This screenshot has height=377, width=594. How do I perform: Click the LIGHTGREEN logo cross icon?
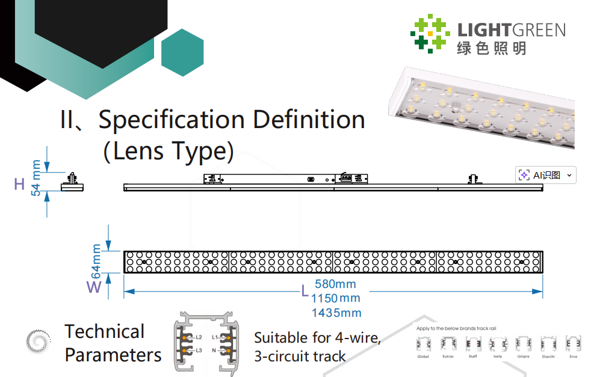[x=430, y=33]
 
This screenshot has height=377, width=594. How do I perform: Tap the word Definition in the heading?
[x=309, y=120]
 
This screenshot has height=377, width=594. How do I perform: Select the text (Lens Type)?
[x=169, y=150]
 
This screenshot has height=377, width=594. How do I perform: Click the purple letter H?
[x=19, y=185]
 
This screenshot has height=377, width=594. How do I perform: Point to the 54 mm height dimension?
[x=37, y=178]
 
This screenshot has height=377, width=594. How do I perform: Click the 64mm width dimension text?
[x=96, y=258]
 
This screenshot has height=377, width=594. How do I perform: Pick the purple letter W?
[x=94, y=287]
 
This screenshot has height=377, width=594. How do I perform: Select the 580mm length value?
[x=335, y=284]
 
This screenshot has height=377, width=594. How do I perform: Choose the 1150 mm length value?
[x=336, y=298]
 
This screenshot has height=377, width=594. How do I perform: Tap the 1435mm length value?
[x=336, y=313]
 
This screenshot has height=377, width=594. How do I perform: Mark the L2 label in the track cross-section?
[x=198, y=337]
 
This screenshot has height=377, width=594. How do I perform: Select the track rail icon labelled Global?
[x=423, y=345]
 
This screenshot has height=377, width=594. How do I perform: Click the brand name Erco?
[x=573, y=357]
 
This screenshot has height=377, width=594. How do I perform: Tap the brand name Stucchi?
[x=548, y=357]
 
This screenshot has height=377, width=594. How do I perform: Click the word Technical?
[x=105, y=332]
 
